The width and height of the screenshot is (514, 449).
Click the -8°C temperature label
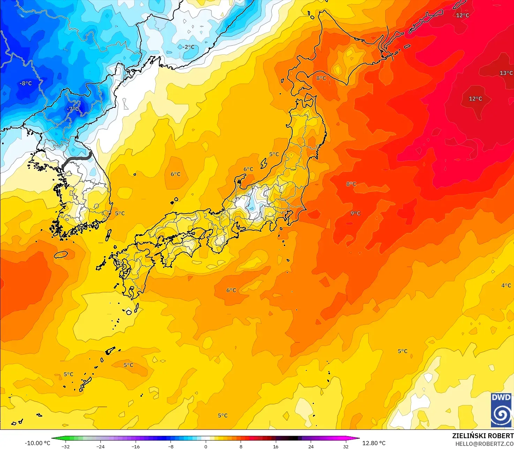tap(26, 83)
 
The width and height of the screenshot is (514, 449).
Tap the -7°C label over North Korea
tap(73, 109)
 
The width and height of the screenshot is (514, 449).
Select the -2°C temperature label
tap(188, 47)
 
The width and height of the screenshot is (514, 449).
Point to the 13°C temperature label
tap(506, 73)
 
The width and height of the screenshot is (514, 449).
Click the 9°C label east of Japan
tap(355, 213)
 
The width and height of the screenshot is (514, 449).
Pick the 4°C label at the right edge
tap(506, 285)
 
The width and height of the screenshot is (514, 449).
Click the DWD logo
tap(501, 410)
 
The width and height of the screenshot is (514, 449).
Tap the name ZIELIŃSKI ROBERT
tap(483, 436)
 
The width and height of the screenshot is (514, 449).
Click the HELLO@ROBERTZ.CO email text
tap(484, 443)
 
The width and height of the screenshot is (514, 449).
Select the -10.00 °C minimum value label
tap(37, 443)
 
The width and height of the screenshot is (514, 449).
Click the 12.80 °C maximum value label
tap(374, 443)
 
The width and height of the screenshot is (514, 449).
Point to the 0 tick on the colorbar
tap(206, 446)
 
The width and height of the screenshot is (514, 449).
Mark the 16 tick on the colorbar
tap(276, 446)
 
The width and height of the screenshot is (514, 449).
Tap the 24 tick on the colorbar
tap(311, 446)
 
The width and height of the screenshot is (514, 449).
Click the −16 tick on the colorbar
tap(135, 446)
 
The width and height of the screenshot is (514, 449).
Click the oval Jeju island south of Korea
tap(61, 255)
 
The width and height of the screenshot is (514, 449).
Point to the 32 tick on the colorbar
tap(346, 446)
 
